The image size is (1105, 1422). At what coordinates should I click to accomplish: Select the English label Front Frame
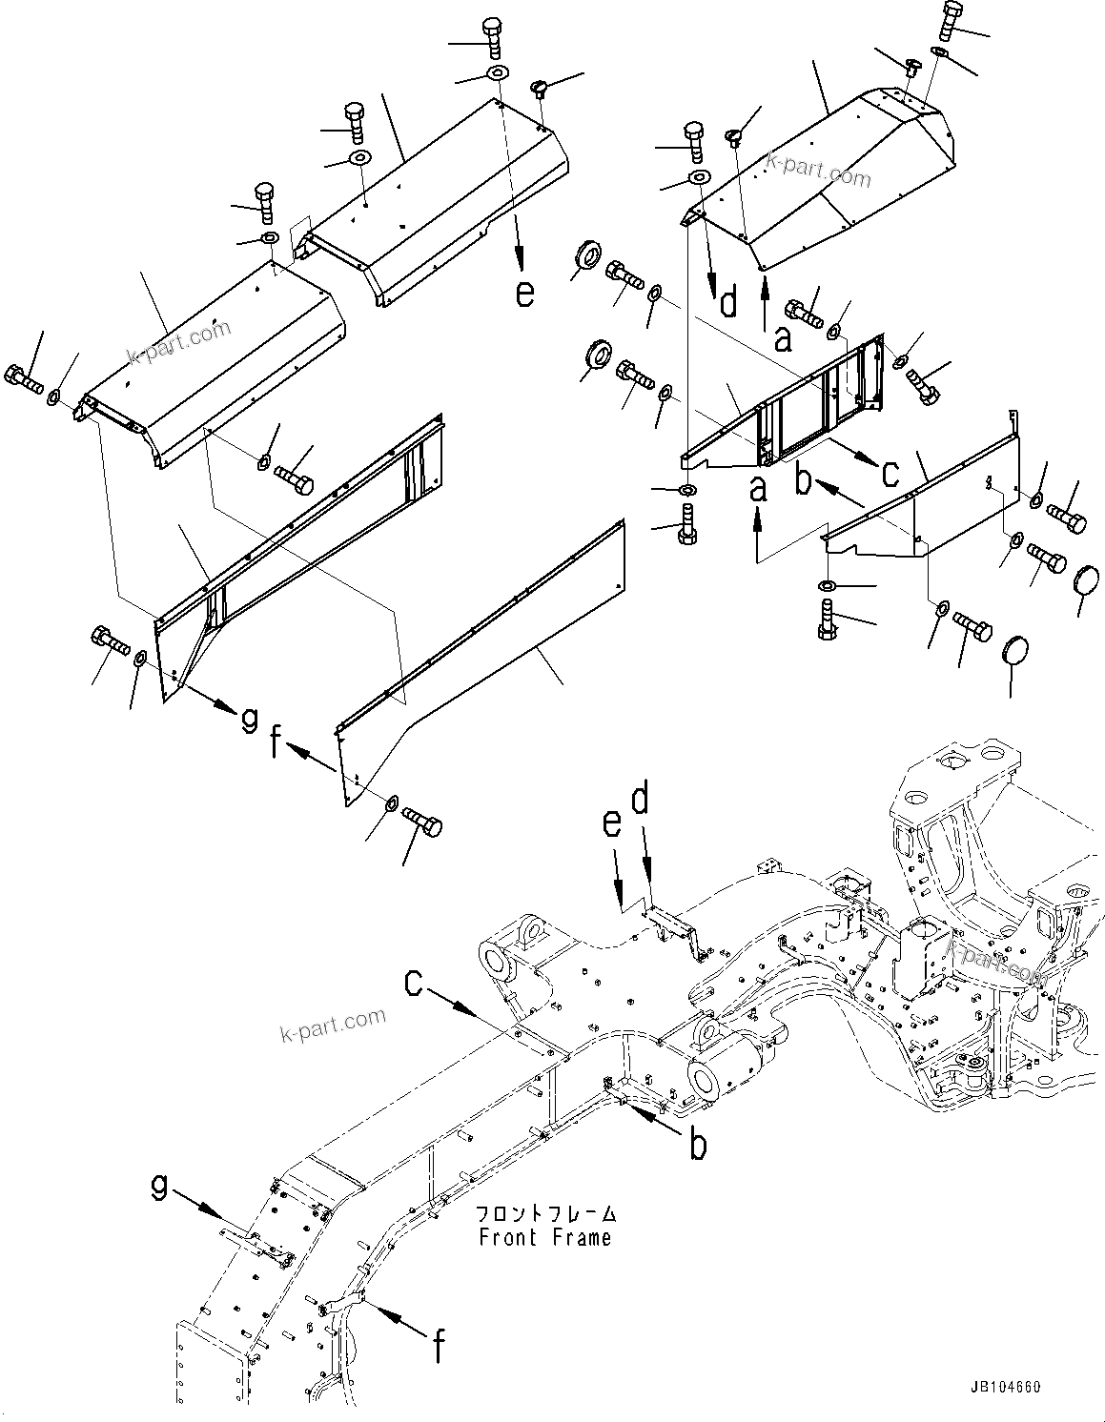pyautogui.click(x=544, y=1238)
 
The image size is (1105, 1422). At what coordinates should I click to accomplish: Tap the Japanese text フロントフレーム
pyautogui.click(x=546, y=1215)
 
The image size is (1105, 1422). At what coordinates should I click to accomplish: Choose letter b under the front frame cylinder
pyautogui.click(x=698, y=1145)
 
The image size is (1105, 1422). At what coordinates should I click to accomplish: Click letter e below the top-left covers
pyautogui.click(x=524, y=293)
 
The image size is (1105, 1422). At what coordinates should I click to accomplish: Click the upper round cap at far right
pyautogui.click(x=1088, y=579)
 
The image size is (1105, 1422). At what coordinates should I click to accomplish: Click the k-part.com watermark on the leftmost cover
pyautogui.click(x=180, y=343)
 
